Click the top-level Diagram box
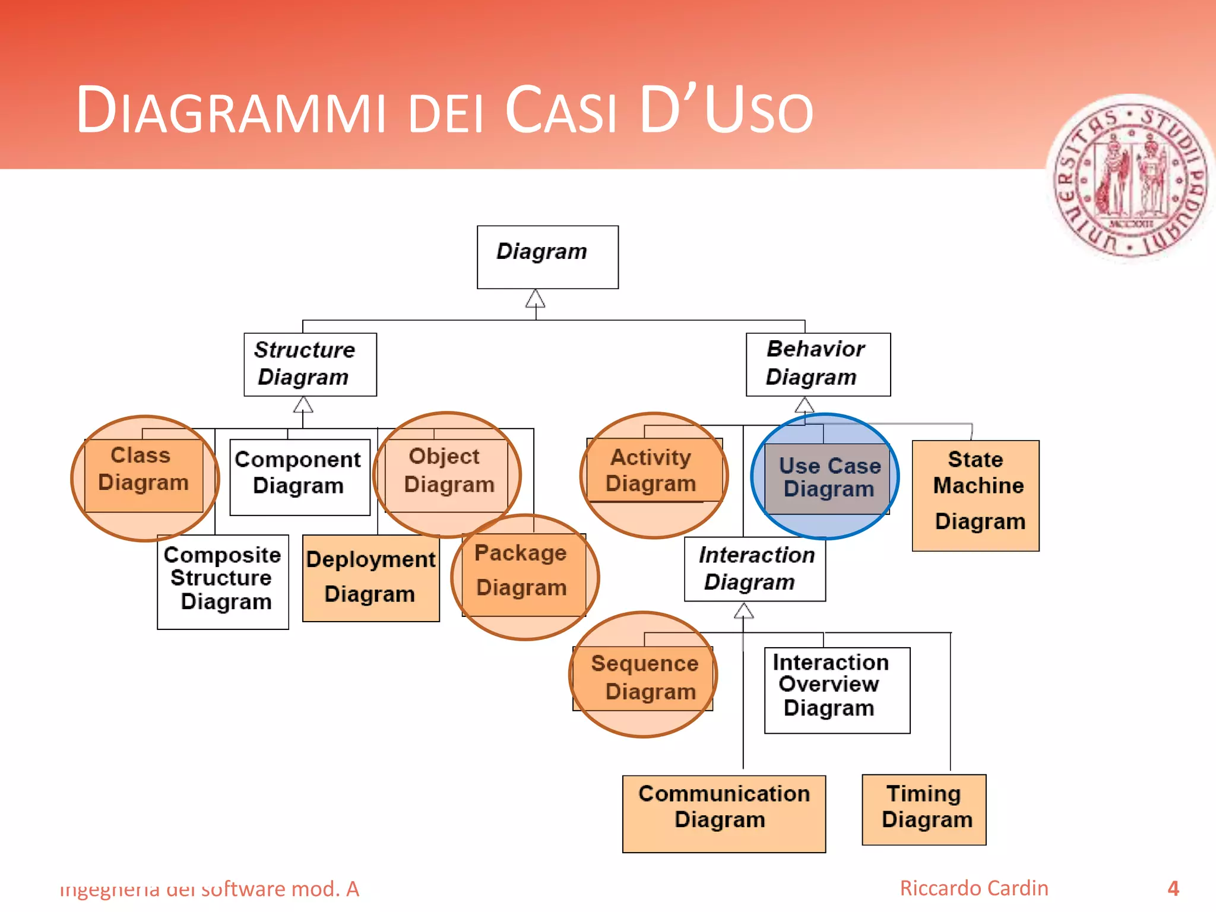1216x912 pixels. pos(547,256)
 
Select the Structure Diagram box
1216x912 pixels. pos(310,364)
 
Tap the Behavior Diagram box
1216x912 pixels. pos(818,364)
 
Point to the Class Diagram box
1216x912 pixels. pos(144,474)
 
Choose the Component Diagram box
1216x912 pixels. pos(299,477)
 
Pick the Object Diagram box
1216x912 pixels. pos(446,475)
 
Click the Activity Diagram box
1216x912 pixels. pos(653,470)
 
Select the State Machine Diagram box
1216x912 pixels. pos(975,495)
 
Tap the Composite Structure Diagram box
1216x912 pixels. pos(223,581)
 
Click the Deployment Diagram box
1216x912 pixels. pos(370,578)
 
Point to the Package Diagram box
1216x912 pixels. pos(523,574)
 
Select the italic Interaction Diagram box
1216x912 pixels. pos(754,569)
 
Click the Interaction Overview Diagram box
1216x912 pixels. pos(837,690)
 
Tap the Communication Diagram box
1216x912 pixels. pos(723,813)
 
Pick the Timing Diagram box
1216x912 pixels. pos(923,809)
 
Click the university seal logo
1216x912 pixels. pos(1130,178)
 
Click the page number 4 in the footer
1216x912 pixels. pos(1173,888)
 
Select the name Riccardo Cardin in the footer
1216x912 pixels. pos(974,888)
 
